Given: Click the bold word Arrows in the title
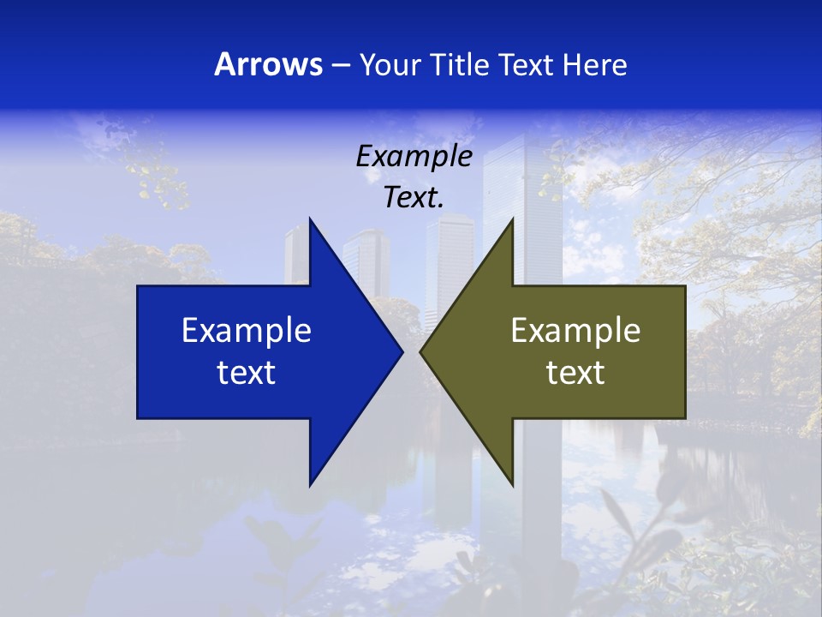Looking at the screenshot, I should click(x=268, y=64).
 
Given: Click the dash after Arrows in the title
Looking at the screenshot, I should click(x=340, y=65).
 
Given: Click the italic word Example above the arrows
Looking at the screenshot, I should click(x=414, y=156).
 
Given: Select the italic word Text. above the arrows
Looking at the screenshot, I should click(x=414, y=197).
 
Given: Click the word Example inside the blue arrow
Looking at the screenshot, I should click(x=247, y=331).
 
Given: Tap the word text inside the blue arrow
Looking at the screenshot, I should click(x=247, y=372).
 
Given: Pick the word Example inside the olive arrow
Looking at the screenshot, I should click(x=575, y=331).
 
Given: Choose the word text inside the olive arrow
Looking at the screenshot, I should click(x=575, y=372).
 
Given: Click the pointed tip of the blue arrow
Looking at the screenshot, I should click(x=402, y=351).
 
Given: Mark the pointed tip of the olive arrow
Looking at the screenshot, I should click(x=421, y=351).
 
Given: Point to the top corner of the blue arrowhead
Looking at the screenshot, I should click(x=310, y=219).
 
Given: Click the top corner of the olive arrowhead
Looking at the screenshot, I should click(x=512, y=219).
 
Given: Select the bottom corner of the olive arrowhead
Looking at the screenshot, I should click(x=512, y=484).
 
